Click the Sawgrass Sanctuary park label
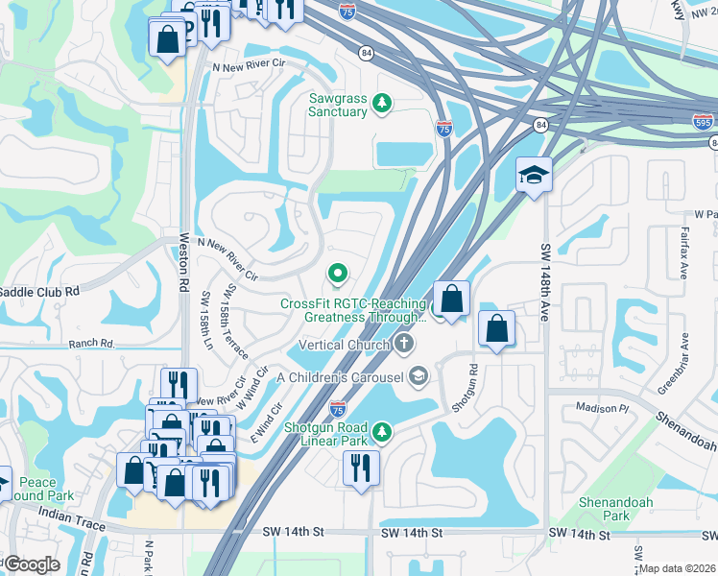click(338, 105)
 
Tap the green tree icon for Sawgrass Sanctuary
click(381, 102)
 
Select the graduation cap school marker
click(534, 175)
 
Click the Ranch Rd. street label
click(91, 343)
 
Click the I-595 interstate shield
click(704, 123)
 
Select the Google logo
click(32, 564)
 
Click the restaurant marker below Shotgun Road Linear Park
click(361, 468)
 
